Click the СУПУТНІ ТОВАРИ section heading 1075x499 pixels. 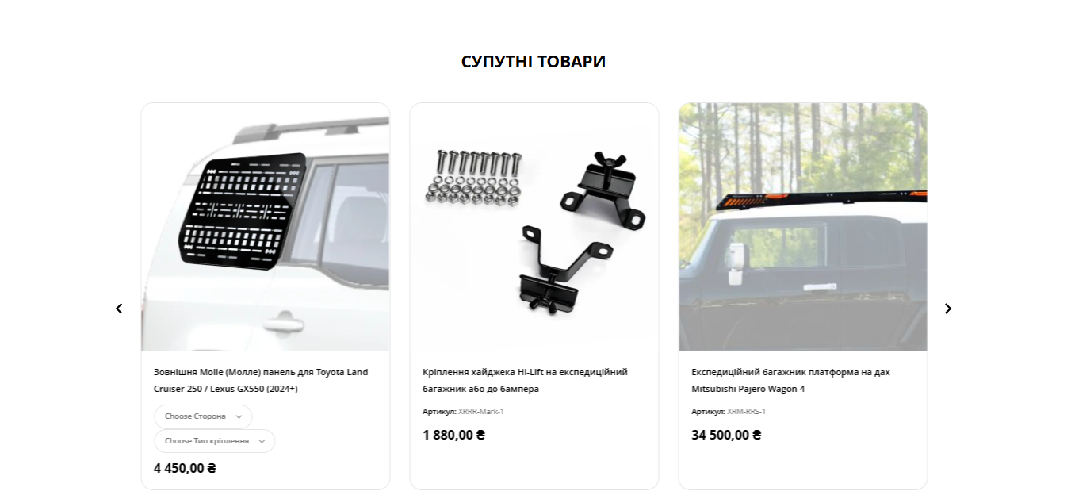tap(534, 61)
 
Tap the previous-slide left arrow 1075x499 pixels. tap(119, 309)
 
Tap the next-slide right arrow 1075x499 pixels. tap(948, 309)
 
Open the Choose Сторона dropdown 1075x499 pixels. tap(203, 416)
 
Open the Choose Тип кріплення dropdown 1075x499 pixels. tap(215, 441)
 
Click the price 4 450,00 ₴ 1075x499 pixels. tap(185, 468)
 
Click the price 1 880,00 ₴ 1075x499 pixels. tap(453, 435)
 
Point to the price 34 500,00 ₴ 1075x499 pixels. tap(726, 435)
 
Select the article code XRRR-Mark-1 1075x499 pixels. tap(481, 412)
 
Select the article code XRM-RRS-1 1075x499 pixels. tap(746, 412)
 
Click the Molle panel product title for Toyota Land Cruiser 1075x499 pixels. tap(261, 380)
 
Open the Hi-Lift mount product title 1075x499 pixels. tap(525, 380)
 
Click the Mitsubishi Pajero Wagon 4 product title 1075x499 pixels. tap(790, 380)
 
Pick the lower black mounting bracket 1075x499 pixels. tap(561, 269)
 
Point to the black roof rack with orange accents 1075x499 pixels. tap(821, 199)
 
